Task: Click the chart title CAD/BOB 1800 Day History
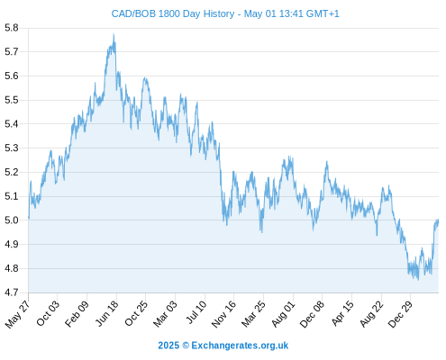[173, 13]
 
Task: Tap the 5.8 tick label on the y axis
[12, 28]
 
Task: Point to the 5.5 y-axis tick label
[12, 100]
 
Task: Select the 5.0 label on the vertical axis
[12, 220]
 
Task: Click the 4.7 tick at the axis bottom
[12, 292]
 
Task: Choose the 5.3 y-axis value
[12, 148]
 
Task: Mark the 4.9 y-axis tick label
[12, 244]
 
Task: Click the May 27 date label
[17, 314]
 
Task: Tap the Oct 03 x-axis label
[48, 313]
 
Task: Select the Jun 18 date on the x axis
[107, 313]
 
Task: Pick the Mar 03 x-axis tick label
[166, 313]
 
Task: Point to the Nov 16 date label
[224, 314]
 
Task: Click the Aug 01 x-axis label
[284, 313]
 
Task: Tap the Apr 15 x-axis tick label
[342, 313]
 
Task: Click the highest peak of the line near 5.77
[114, 34]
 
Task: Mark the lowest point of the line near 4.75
[418, 280]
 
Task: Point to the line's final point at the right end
[438, 220]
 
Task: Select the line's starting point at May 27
[29, 217]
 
